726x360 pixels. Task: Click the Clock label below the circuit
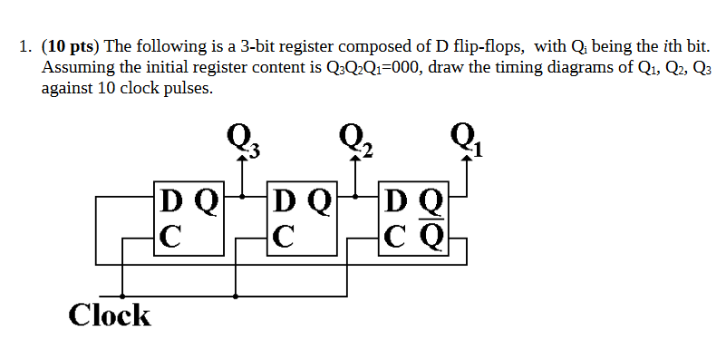point(110,316)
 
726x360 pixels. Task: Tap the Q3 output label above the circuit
point(243,138)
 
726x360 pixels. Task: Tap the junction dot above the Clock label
point(122,296)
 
